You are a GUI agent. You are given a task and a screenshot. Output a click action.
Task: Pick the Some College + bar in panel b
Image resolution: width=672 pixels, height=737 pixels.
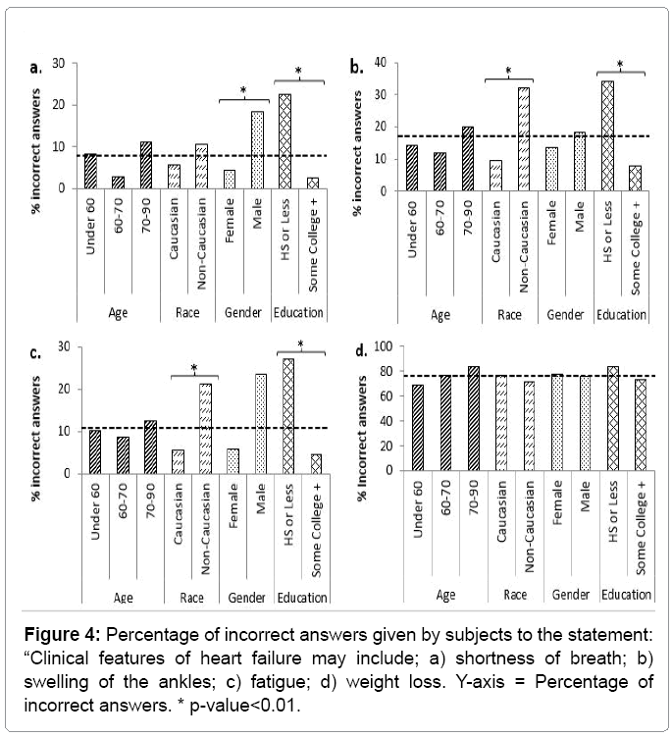pyautogui.click(x=635, y=179)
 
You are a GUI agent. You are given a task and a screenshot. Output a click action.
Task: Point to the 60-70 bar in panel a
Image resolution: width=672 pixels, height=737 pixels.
pyautogui.click(x=117, y=183)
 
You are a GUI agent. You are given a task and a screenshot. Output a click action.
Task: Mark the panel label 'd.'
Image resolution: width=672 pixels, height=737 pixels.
pyautogui.click(x=360, y=349)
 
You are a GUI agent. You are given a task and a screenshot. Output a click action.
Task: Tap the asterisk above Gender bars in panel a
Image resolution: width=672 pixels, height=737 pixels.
pyautogui.click(x=243, y=91)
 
